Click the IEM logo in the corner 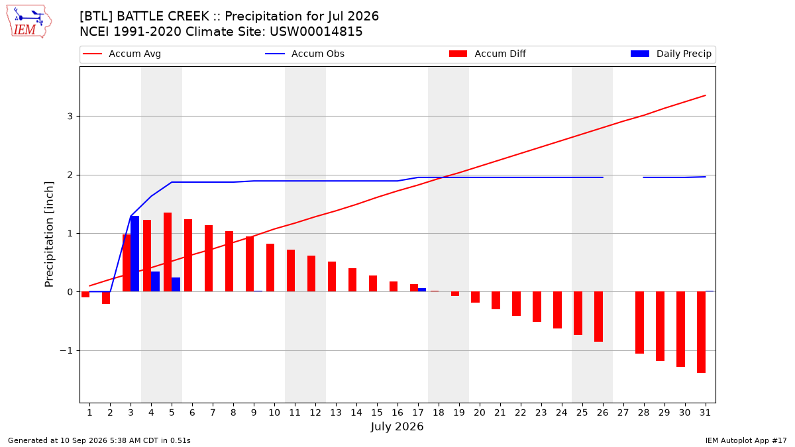[x=29, y=22]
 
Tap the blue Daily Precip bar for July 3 [x=135, y=254]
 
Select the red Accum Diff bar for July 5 [x=168, y=252]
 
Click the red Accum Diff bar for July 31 [x=701, y=332]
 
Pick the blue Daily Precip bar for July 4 [x=156, y=281]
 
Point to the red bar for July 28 [x=639, y=323]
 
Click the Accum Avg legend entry [x=122, y=54]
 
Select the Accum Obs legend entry [x=305, y=54]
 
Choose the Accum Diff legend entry [x=488, y=54]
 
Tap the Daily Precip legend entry [x=671, y=54]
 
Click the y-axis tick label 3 [x=70, y=117]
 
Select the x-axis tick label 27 [x=623, y=413]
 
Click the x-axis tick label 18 [x=439, y=413]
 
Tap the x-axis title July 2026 [x=397, y=426]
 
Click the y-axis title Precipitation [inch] [x=49, y=234]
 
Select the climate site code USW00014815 [x=316, y=32]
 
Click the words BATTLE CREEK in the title [x=163, y=17]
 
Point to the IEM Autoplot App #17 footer [x=746, y=440]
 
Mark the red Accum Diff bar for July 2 [x=106, y=298]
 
